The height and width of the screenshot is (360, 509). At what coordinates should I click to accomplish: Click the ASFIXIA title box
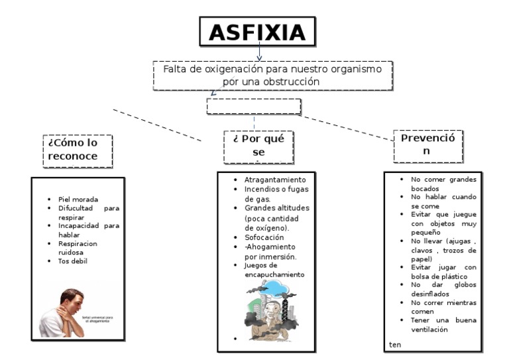tap(258, 32)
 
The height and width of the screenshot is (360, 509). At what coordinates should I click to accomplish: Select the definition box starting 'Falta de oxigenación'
tap(271, 75)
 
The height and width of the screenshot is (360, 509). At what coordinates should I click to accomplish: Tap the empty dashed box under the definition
tap(254, 107)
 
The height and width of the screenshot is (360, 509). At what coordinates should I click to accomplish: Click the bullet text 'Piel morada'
tap(78, 200)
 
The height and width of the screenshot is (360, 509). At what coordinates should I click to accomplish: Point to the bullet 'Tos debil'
tap(73, 261)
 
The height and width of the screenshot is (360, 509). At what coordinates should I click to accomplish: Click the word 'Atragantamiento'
tap(275, 180)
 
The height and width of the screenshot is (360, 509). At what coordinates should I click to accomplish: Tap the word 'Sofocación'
tap(264, 237)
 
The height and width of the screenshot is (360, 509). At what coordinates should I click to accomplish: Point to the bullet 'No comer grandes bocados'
tap(443, 184)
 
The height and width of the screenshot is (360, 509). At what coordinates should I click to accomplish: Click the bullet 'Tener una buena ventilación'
tap(443, 325)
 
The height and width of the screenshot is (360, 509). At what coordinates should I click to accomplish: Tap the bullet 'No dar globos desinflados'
tap(443, 289)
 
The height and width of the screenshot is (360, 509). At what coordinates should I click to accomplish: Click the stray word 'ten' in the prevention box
tap(396, 345)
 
